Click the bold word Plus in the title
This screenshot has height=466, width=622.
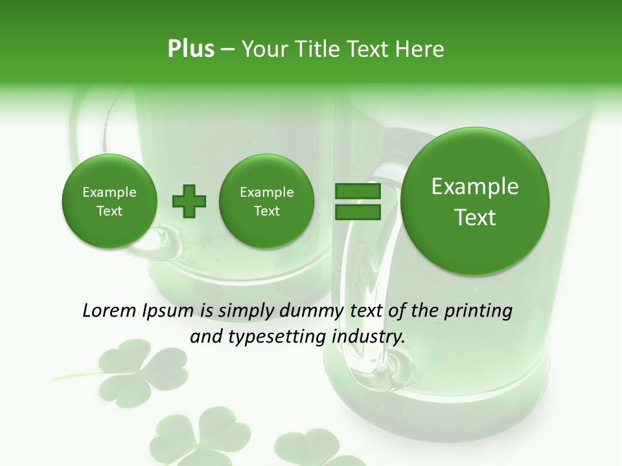(x=190, y=49)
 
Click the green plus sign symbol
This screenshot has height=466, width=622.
(x=189, y=201)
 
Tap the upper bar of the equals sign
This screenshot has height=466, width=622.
(x=357, y=191)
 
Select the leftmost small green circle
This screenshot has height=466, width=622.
(x=109, y=201)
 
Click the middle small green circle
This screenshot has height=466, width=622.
(x=266, y=201)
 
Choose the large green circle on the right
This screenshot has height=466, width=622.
(x=475, y=201)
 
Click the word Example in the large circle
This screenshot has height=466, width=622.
(x=475, y=186)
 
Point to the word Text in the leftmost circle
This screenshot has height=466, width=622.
(x=109, y=211)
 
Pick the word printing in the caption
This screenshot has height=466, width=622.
(x=478, y=311)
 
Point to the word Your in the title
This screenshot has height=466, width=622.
(x=262, y=49)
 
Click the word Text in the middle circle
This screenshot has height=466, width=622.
(x=266, y=211)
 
